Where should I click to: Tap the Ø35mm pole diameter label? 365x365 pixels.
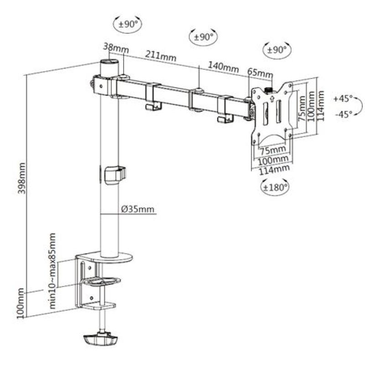tap(138, 210)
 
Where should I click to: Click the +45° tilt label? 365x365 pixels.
tap(343, 98)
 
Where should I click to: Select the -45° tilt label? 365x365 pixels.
tap(343, 114)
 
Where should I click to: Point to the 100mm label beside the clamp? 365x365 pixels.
tap(21, 303)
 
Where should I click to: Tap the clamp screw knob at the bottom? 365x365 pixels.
tap(100, 340)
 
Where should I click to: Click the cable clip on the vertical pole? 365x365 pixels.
tap(114, 175)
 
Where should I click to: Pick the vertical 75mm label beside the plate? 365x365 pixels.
tap(302, 109)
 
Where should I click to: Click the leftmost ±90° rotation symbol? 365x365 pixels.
tap(128, 24)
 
